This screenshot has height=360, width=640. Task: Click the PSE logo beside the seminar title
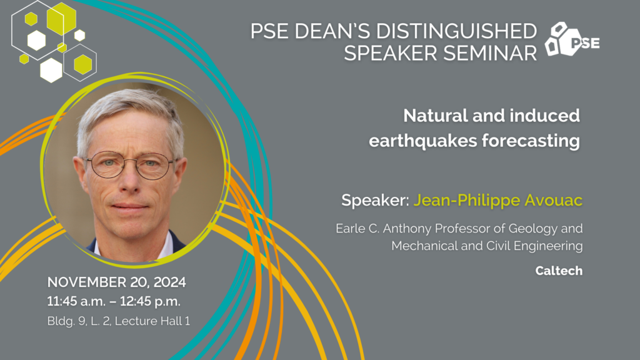coord(572,39)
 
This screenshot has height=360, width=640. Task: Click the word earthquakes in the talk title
coord(422,141)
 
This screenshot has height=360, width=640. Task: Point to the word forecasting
coord(531,141)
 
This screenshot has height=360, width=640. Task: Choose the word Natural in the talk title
coord(436,116)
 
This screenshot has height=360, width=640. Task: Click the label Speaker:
coord(375,201)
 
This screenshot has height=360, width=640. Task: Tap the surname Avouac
coord(554,200)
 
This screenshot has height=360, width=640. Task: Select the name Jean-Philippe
coord(467,201)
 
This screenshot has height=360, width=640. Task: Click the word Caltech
coord(559,271)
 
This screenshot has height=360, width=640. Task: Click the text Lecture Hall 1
coord(152,321)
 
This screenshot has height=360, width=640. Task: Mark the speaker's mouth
coord(130,206)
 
